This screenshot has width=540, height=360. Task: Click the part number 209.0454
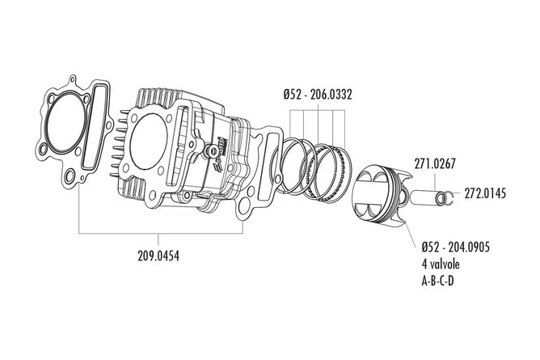(x=158, y=256)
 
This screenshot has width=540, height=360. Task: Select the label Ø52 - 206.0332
(x=318, y=94)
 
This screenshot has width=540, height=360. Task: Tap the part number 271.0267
(x=435, y=163)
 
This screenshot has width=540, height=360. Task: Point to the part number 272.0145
(x=485, y=193)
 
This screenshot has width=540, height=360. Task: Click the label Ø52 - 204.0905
(x=456, y=247)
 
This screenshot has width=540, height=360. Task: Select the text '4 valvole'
(x=441, y=265)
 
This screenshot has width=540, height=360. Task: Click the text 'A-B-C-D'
(x=437, y=282)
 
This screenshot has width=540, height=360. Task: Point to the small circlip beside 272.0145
(x=448, y=197)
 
